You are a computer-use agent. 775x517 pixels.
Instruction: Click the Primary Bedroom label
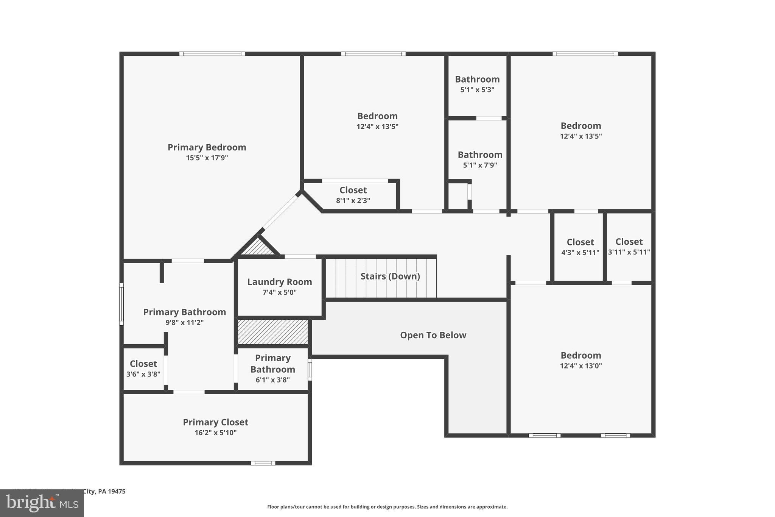[207, 147]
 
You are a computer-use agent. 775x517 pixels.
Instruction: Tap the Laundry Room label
[279, 282]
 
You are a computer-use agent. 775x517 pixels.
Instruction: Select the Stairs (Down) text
[390, 276]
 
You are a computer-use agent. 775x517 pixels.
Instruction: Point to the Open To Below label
[433, 335]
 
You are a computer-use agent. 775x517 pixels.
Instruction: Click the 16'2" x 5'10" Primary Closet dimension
[215, 433]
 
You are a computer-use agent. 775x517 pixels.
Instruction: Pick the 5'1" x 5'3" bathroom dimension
[477, 90]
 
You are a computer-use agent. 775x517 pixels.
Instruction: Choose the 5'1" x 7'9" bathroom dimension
[480, 165]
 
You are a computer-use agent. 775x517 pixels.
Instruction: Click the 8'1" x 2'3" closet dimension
[353, 200]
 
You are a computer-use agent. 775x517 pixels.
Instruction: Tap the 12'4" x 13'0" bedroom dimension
[580, 365]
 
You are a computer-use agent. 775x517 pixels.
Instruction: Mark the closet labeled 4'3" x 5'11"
[580, 247]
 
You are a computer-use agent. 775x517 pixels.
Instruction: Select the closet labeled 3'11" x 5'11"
[629, 247]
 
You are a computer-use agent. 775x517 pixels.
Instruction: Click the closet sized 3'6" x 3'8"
[143, 368]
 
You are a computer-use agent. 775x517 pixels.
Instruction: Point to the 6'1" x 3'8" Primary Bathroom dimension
[272, 380]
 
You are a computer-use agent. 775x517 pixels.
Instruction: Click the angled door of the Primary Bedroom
[280, 212]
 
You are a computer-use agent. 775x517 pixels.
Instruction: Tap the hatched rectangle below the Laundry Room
[272, 332]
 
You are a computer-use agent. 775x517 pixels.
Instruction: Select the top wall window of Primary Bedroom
[212, 54]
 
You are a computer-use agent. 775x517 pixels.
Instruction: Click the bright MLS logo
[42, 503]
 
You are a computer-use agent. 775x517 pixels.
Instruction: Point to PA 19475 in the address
[112, 491]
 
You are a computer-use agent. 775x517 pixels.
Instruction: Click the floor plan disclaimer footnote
[387, 507]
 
